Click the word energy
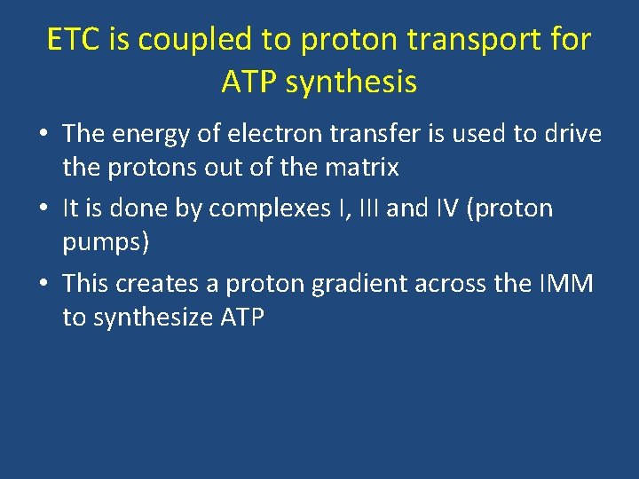pos(157,135)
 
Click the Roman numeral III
pos(402,208)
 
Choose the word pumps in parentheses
pos(102,242)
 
